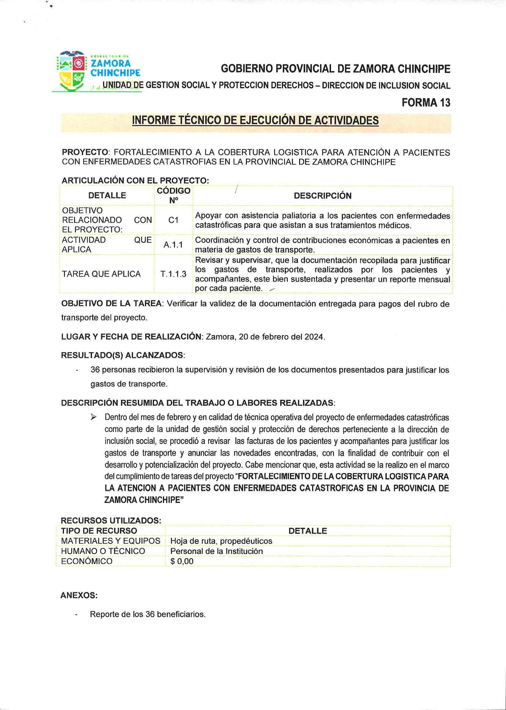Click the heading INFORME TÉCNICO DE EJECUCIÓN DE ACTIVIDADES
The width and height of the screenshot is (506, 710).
[255, 120]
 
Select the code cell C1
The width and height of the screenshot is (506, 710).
[173, 220]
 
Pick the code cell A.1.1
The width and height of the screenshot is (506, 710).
[173, 245]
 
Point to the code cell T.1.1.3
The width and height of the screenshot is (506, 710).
[173, 274]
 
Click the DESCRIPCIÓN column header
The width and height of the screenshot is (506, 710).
[322, 196]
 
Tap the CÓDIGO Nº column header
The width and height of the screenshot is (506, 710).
[173, 195]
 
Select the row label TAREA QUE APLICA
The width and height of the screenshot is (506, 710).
[101, 274]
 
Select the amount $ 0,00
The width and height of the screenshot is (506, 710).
[182, 561]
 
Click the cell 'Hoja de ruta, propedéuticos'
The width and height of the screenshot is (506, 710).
[221, 541]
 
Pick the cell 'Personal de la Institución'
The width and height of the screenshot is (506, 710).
[217, 551]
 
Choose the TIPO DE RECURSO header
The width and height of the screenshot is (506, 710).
[99, 531]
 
